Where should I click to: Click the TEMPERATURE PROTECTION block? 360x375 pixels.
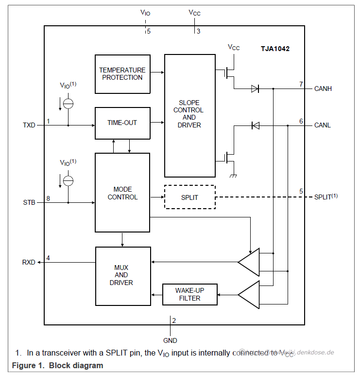coord(122,74)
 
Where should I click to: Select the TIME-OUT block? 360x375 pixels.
coord(122,123)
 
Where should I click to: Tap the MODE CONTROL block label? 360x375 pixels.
coord(122,193)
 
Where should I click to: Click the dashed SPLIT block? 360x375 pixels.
coord(189,197)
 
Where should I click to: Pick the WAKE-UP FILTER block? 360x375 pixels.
coord(189,294)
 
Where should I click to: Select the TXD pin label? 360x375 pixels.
coord(29,125)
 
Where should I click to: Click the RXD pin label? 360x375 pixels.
coord(29,262)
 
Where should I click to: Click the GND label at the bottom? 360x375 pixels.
coord(170,340)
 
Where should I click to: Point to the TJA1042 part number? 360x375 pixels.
coord(275,49)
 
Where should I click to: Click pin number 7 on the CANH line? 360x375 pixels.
coord(301,84)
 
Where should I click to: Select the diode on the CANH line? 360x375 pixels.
coord(255,89)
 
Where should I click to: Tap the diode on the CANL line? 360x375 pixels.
coord(255,125)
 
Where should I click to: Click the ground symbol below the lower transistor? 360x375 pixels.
coord(233,176)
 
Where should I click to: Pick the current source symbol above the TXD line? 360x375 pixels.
coord(69,103)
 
